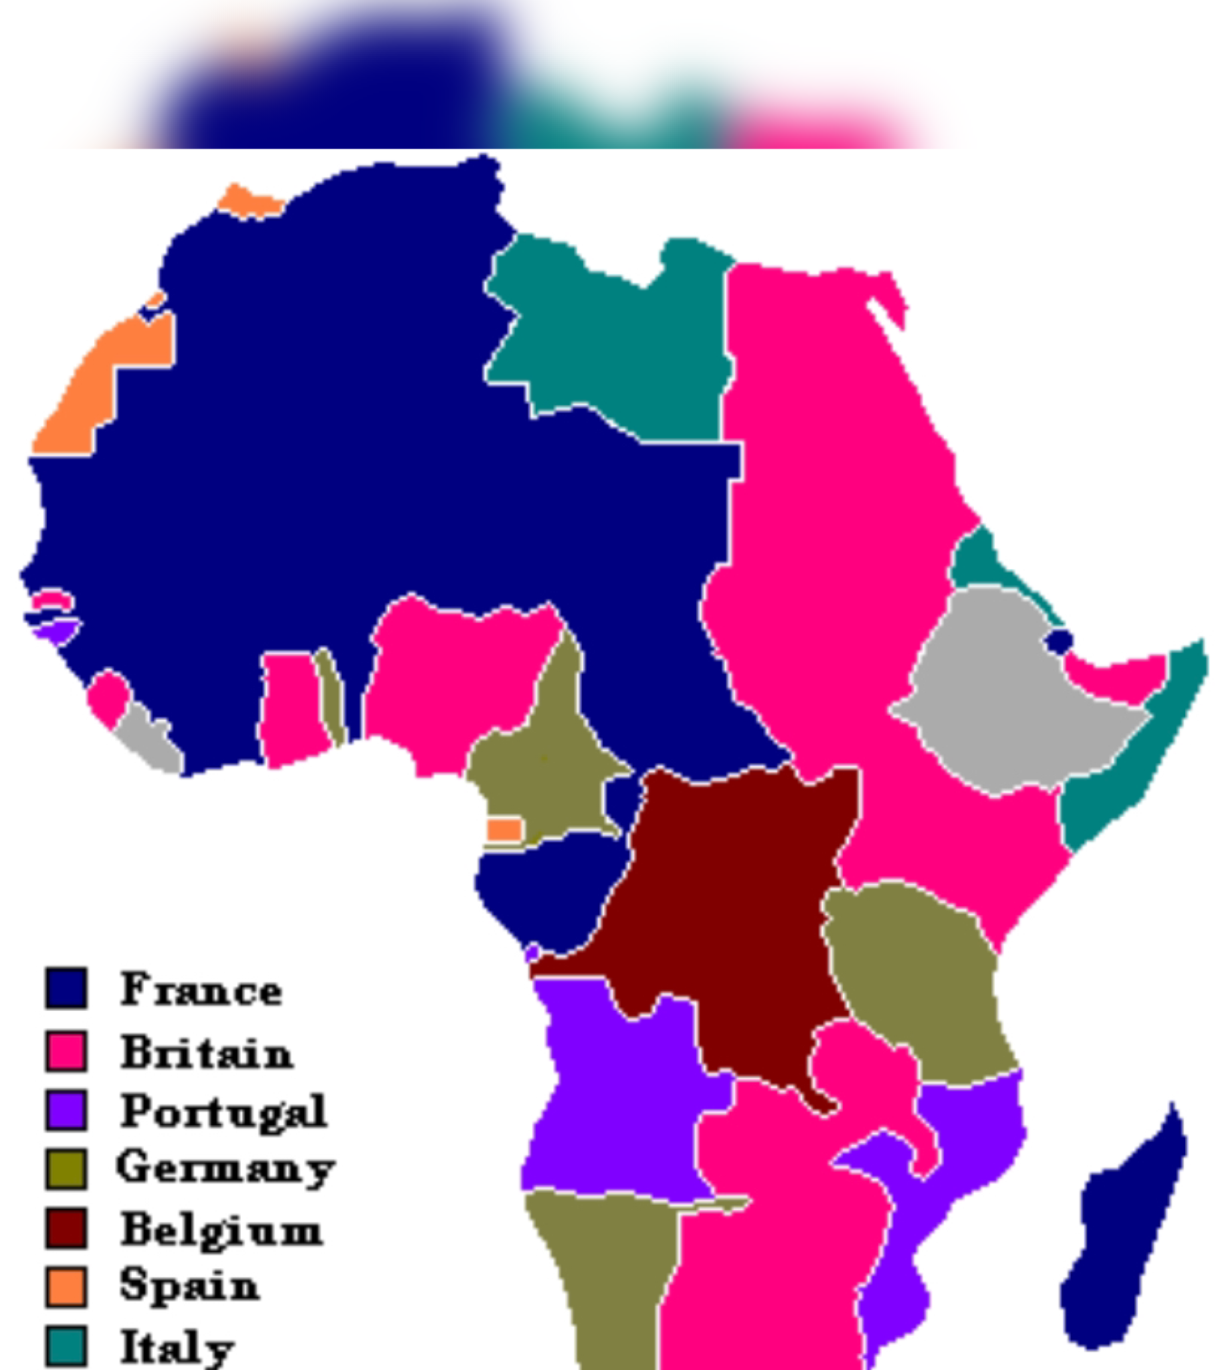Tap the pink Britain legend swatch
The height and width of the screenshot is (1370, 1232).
click(66, 1051)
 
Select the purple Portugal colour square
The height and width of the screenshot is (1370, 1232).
click(66, 1110)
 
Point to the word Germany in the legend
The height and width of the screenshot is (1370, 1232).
click(225, 1167)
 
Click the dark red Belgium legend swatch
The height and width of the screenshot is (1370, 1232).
click(66, 1228)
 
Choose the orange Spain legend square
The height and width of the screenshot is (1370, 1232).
click(66, 1287)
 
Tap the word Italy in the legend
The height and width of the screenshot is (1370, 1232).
click(177, 1347)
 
